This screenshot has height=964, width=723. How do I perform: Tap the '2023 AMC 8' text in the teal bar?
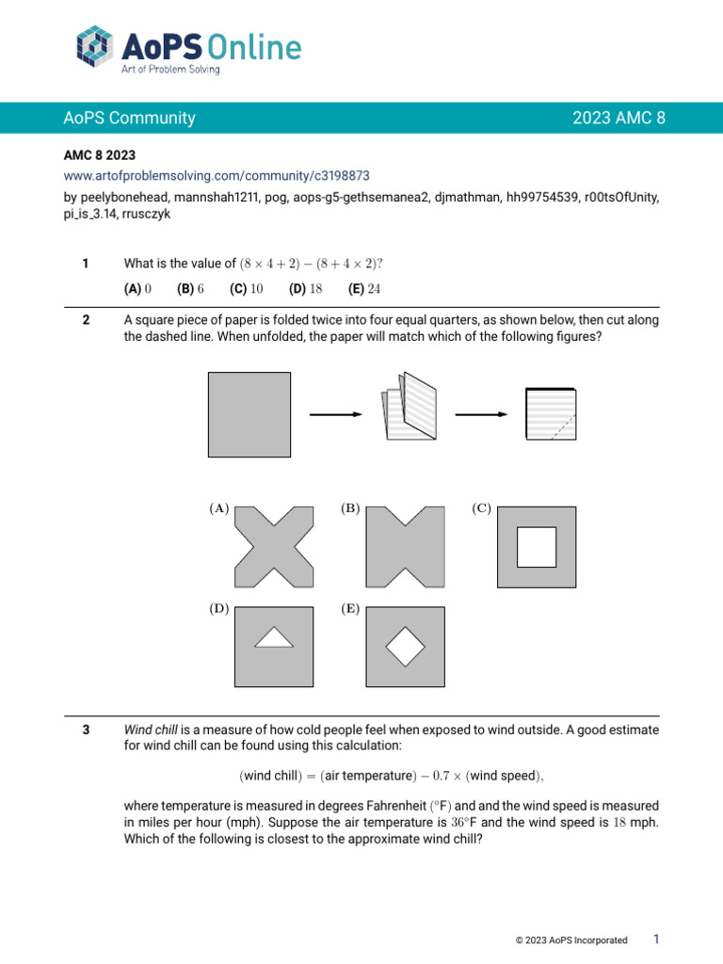[x=619, y=118]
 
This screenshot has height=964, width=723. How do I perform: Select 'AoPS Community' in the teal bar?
[x=130, y=118]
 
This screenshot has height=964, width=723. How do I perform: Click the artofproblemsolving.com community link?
[x=217, y=175]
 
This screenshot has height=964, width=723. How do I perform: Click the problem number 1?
[x=86, y=264]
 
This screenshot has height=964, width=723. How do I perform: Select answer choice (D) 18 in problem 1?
[x=306, y=289]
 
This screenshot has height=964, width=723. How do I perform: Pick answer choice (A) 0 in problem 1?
[x=138, y=289]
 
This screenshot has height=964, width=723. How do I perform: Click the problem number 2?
[x=86, y=320]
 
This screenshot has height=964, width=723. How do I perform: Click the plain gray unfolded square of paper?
[x=249, y=414]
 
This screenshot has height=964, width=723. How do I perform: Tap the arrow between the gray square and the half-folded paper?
[x=335, y=414]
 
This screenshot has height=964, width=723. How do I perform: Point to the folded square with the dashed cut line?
[x=551, y=414]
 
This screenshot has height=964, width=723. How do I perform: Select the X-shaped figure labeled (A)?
[x=274, y=546]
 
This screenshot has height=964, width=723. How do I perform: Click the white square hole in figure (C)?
[x=537, y=547]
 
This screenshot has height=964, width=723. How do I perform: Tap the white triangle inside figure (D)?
[x=274, y=639]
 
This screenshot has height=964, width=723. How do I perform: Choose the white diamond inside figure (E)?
[x=406, y=645]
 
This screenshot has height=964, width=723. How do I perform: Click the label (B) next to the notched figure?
[x=350, y=508]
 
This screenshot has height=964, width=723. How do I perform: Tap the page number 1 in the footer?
[x=656, y=939]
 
